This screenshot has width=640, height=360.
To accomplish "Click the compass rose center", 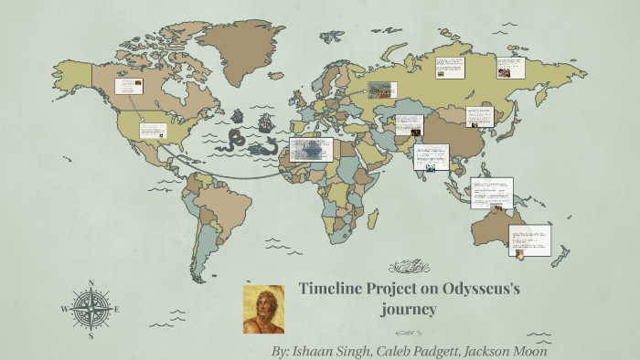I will [91, 310].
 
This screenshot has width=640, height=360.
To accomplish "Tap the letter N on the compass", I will [91, 284].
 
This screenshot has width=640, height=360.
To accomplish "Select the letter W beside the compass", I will [64, 310].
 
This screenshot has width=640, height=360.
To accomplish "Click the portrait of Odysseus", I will [263, 309].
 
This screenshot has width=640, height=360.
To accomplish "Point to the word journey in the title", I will [410, 310].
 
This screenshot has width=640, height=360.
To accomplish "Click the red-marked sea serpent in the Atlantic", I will [235, 138].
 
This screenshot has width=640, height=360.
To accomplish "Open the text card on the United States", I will [152, 130].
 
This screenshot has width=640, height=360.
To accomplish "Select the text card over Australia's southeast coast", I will [530, 240].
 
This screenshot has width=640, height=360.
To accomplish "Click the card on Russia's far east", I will [510, 67].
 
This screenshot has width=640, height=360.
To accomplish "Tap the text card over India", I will [430, 157].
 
